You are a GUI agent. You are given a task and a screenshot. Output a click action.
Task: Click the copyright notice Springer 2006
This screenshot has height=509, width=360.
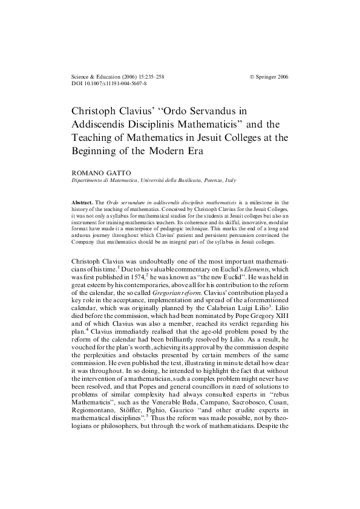point(269,77)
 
